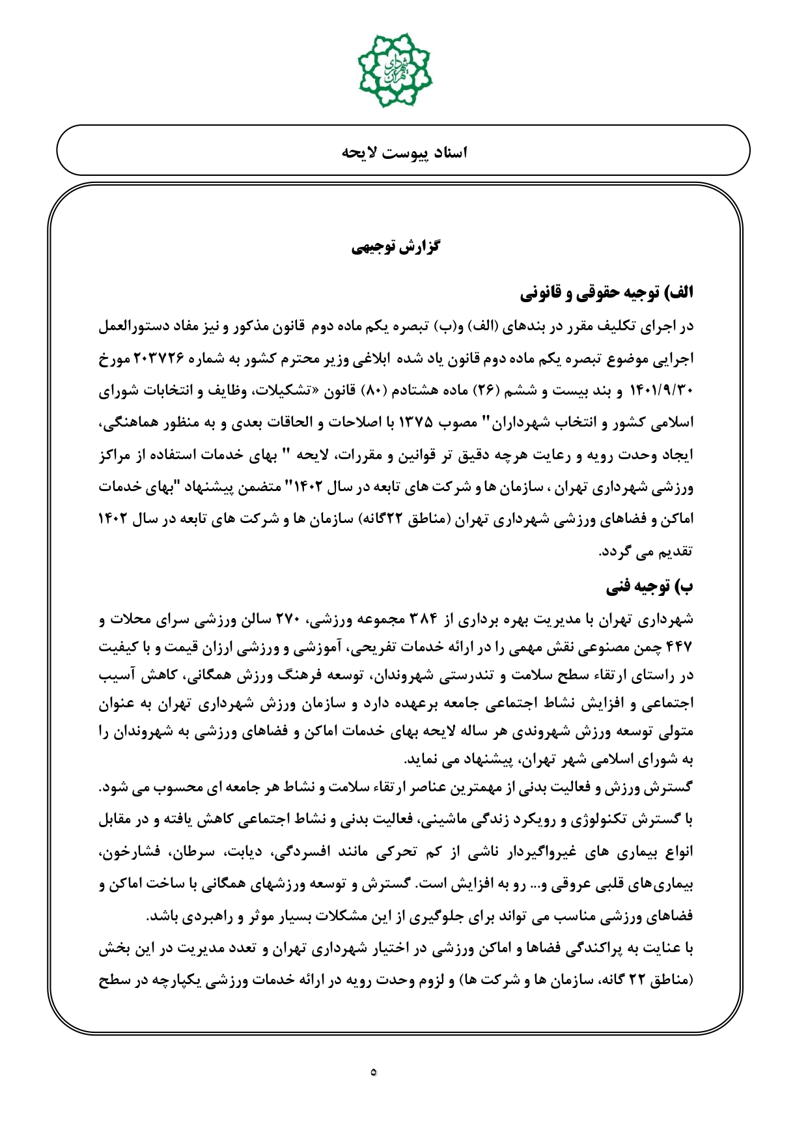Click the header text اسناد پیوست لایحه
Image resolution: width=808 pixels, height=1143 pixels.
pyautogui.click(x=404, y=152)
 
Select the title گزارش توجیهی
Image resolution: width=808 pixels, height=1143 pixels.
pyautogui.click(x=395, y=247)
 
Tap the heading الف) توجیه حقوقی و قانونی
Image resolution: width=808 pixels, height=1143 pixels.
pyautogui.click(x=607, y=294)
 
